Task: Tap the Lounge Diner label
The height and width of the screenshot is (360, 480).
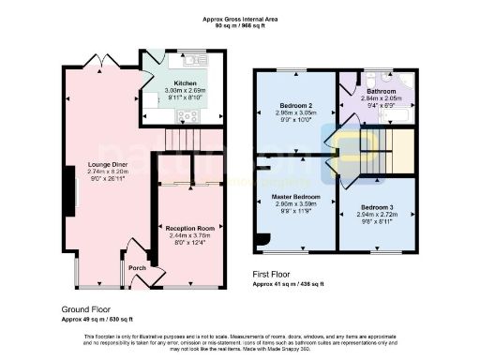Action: pyautogui.click(x=107, y=164)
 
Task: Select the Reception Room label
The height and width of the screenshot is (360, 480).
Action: pyautogui.click(x=190, y=228)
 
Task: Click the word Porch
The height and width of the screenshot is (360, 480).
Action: pyautogui.click(x=137, y=264)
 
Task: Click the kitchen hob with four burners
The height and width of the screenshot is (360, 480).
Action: pyautogui.click(x=187, y=115)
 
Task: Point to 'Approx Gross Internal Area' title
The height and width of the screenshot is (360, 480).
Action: pyautogui.click(x=239, y=18)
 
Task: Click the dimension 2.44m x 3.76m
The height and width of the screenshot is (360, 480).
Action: pyautogui.click(x=190, y=235)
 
